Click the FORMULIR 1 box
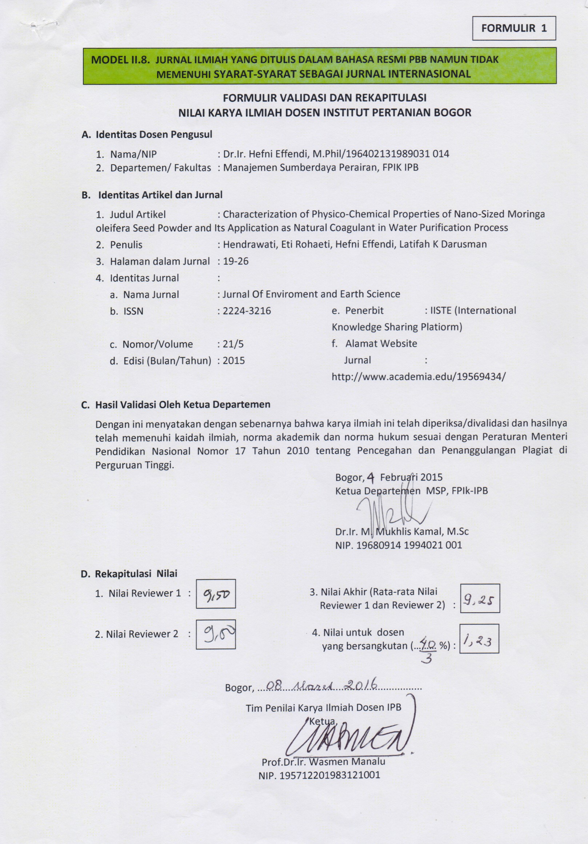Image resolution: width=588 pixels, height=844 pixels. click(x=514, y=28)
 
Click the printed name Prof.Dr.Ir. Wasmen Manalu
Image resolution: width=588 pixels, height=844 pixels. click(x=323, y=761)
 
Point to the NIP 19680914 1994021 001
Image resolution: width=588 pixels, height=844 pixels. click(x=399, y=545)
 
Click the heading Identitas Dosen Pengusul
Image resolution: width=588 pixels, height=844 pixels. click(x=154, y=134)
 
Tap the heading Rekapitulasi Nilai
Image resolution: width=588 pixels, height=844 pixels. click(x=136, y=573)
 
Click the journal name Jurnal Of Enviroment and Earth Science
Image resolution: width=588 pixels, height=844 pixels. click(x=311, y=294)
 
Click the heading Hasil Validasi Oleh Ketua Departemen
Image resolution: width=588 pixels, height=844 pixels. click(x=183, y=405)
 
